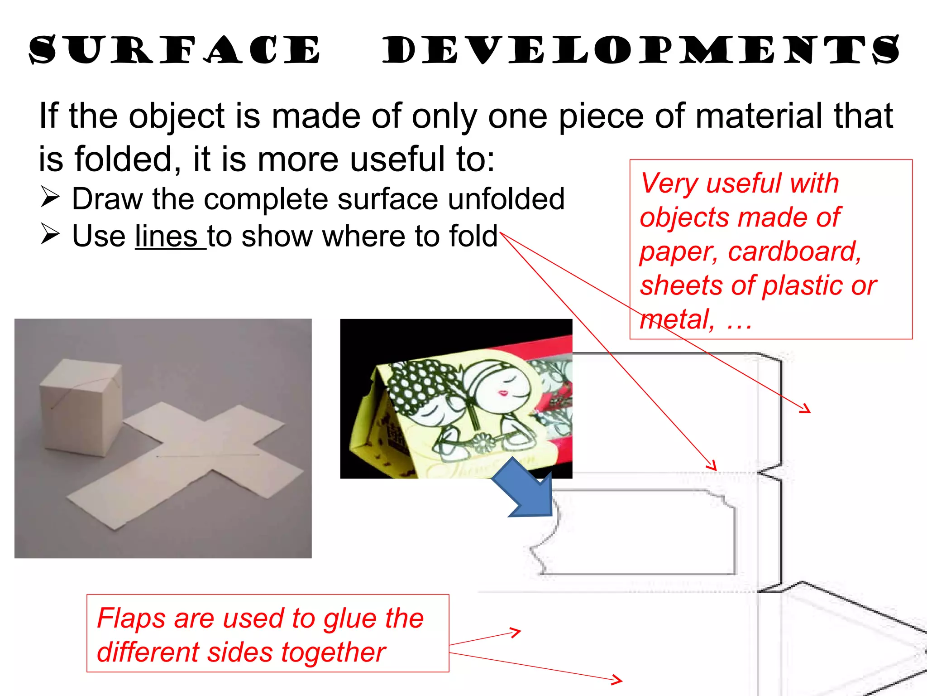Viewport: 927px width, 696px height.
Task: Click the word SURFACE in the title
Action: pos(175,50)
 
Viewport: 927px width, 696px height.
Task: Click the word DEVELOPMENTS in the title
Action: pos(641,50)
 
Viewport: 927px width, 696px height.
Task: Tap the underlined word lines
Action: pos(166,237)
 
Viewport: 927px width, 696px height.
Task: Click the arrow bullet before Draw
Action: pos(50,198)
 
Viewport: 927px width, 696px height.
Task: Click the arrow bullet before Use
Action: pos(50,234)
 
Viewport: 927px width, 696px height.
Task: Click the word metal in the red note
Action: pos(677,319)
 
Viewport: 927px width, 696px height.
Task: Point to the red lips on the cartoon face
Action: pos(503,392)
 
